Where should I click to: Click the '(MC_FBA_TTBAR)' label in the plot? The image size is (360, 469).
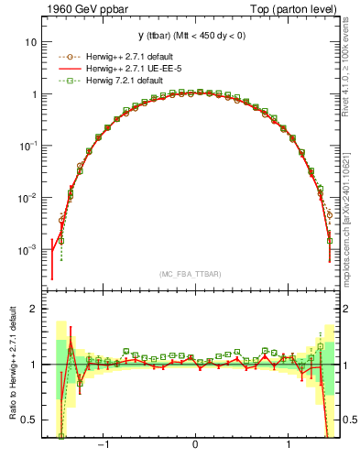(x=194, y=273)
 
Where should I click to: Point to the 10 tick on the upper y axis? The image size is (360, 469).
(x=31, y=42)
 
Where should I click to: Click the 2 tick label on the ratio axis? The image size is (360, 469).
(x=34, y=309)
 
